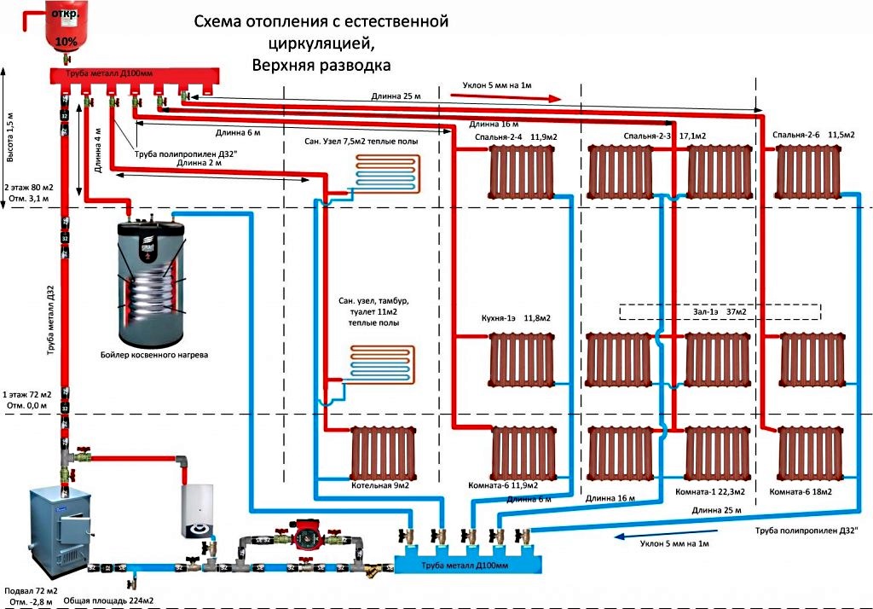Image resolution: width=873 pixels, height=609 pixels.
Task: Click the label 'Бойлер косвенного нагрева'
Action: point(153,353)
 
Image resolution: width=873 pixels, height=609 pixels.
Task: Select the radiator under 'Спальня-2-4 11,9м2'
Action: point(520,171)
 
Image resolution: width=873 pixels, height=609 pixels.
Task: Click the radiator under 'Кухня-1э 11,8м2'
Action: point(520,358)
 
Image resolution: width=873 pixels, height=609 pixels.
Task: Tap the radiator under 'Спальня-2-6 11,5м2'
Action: point(809,171)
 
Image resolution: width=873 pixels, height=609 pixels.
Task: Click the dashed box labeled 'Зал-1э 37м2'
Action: point(720,312)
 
